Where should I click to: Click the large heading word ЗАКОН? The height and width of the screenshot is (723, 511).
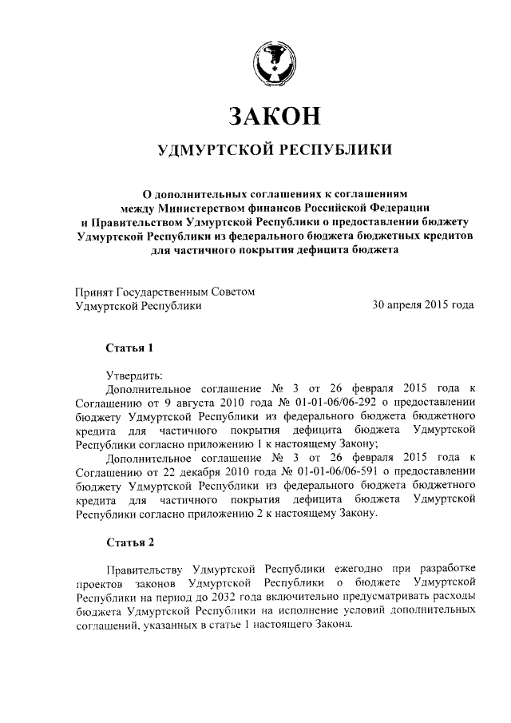point(275,116)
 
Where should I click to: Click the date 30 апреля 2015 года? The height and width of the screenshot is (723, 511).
point(423,305)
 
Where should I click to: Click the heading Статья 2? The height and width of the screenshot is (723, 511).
point(129,542)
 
